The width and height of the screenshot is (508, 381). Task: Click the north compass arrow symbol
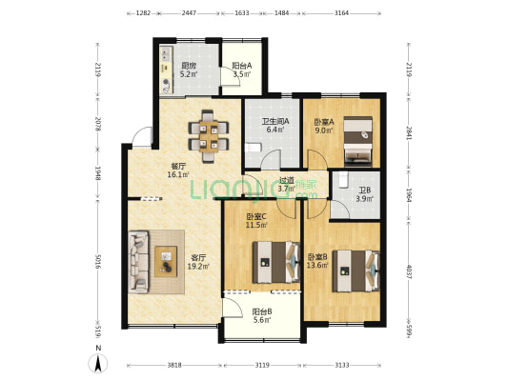(x=98, y=362)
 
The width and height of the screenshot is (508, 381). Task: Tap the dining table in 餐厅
(x=207, y=134)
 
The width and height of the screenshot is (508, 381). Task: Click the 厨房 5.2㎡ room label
(x=190, y=70)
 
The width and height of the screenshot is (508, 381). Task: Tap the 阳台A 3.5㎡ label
(x=240, y=70)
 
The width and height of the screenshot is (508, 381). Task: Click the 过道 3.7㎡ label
(x=286, y=185)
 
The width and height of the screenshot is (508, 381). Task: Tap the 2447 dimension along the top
(x=189, y=14)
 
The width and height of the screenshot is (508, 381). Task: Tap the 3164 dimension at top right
(x=341, y=14)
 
